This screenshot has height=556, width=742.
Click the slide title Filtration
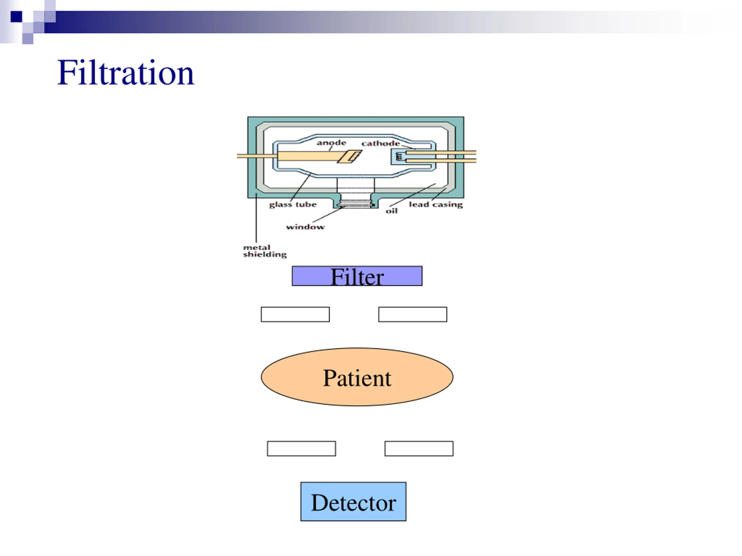[x=126, y=73]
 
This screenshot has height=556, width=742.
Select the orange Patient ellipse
[x=357, y=377]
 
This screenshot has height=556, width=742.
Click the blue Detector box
[x=353, y=502]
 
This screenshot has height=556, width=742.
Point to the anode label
[x=331, y=143]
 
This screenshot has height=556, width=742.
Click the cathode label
[x=380, y=143]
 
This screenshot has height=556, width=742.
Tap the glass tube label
[x=292, y=204]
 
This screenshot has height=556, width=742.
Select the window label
[x=305, y=227]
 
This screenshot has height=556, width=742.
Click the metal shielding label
[x=265, y=251]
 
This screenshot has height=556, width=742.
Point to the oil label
[x=392, y=211]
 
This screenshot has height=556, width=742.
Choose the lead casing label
[x=435, y=204]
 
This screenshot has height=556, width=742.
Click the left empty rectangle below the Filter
[x=295, y=314]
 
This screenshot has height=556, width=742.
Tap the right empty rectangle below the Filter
[x=413, y=314]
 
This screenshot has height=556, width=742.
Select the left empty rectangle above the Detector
[x=301, y=448]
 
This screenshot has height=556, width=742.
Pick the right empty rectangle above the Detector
[x=419, y=448]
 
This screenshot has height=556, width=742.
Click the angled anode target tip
[x=350, y=156]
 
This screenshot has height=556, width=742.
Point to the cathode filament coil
[x=399, y=156]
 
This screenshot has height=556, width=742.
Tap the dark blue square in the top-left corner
[x=16, y=17]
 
